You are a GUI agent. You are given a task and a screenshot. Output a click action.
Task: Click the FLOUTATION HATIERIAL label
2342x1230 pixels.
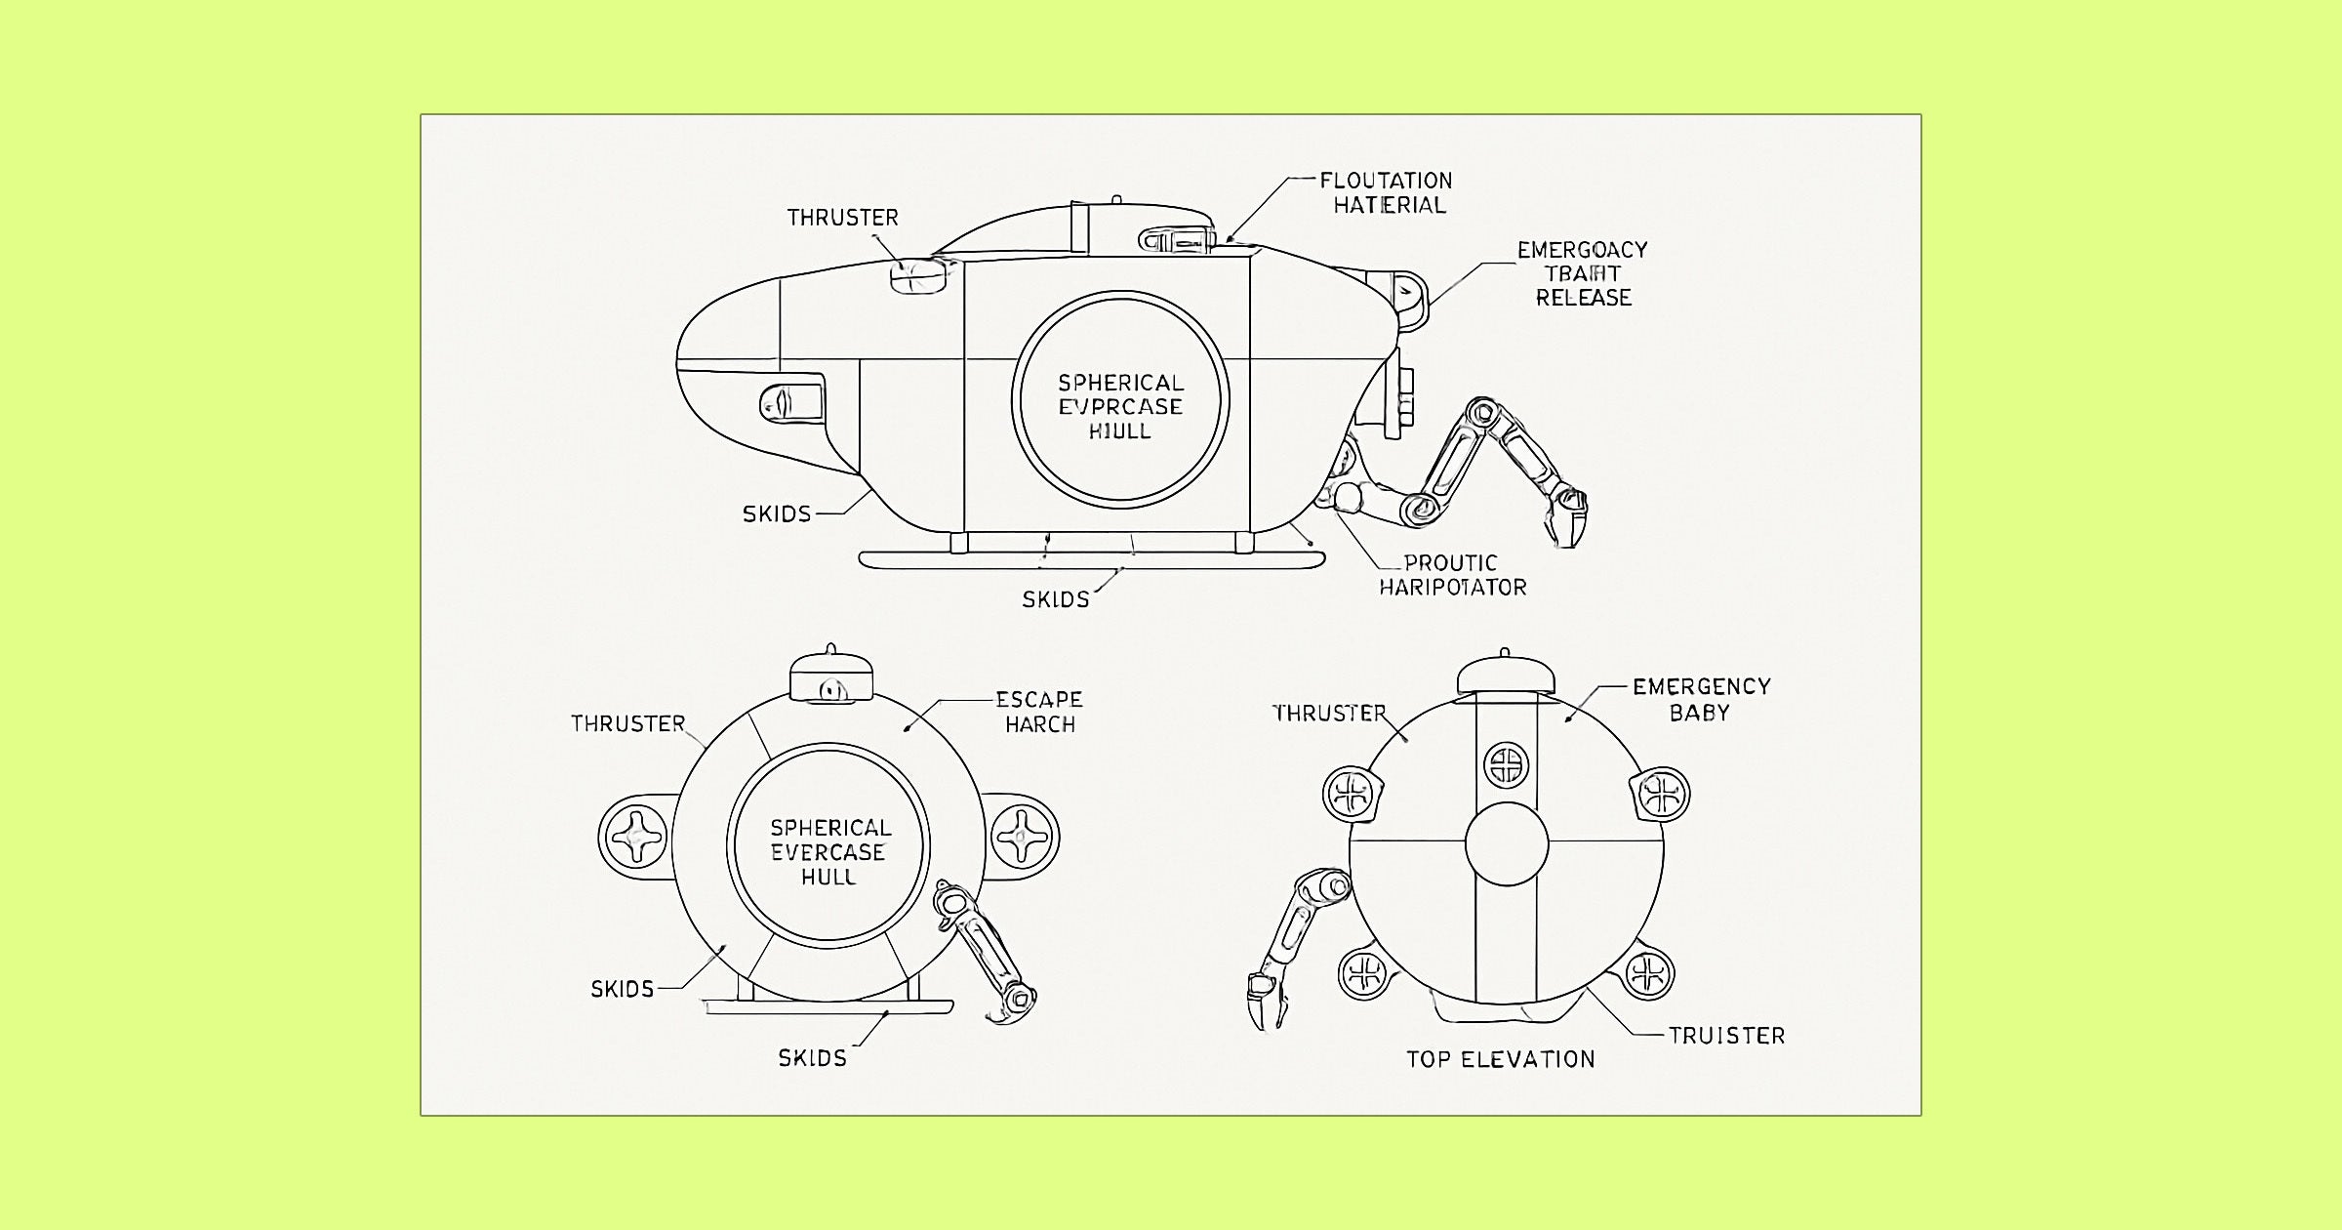[x=1387, y=192]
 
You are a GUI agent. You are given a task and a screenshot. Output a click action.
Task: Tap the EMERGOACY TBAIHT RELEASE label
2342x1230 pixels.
[x=1582, y=273]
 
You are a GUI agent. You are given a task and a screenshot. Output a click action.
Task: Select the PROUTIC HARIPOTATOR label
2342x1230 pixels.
[x=1452, y=575]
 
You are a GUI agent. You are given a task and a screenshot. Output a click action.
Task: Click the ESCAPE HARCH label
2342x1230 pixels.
[x=1039, y=712]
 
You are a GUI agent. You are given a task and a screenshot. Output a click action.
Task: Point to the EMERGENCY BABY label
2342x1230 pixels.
[x=1701, y=699]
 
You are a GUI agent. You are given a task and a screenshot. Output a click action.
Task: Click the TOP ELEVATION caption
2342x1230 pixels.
[x=1500, y=1059]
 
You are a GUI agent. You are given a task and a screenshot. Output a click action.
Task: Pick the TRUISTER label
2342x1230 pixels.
[x=1726, y=1036]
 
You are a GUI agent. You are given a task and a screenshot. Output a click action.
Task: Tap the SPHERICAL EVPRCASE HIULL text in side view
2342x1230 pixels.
[x=1120, y=406]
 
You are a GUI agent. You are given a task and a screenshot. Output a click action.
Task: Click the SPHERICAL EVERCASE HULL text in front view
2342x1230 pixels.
[x=829, y=851]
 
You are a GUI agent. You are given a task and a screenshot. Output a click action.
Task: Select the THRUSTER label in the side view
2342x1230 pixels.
[x=842, y=217]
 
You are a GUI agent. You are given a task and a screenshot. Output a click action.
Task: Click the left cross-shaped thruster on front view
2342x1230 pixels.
[x=635, y=838]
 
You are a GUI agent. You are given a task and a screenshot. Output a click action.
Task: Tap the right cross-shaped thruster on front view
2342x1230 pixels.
[x=1023, y=837]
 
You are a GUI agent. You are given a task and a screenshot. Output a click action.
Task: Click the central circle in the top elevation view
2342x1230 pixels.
[x=1507, y=843]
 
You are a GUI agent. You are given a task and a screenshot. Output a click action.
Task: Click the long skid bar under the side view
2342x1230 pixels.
[x=1091, y=559]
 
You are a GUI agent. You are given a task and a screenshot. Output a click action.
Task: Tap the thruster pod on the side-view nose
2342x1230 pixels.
[x=918, y=275]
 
